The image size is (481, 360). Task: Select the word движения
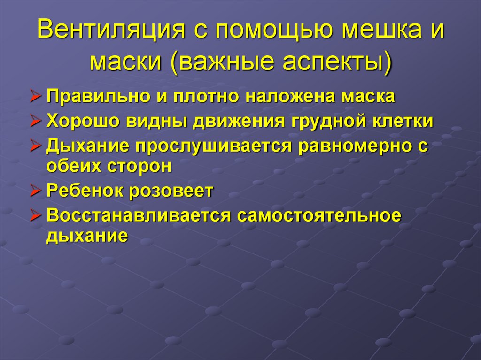click(x=240, y=121)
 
